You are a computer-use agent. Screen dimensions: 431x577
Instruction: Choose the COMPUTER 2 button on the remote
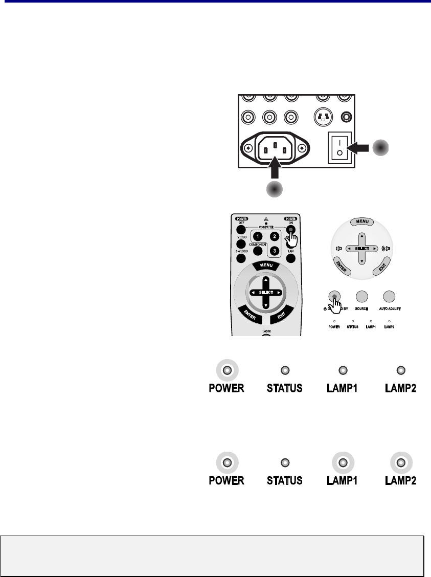[x=275, y=236]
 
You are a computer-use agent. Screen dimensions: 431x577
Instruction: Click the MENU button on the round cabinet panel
[x=362, y=221]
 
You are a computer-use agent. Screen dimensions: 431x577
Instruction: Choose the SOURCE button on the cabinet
[x=362, y=296]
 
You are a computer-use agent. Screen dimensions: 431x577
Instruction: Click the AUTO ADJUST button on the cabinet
[x=390, y=296]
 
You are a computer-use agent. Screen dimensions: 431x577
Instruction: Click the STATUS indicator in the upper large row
[x=285, y=370]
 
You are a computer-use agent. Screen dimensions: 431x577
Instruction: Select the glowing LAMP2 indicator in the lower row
[x=401, y=463]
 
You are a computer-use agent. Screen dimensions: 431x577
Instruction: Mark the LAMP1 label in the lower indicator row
[x=343, y=481]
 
